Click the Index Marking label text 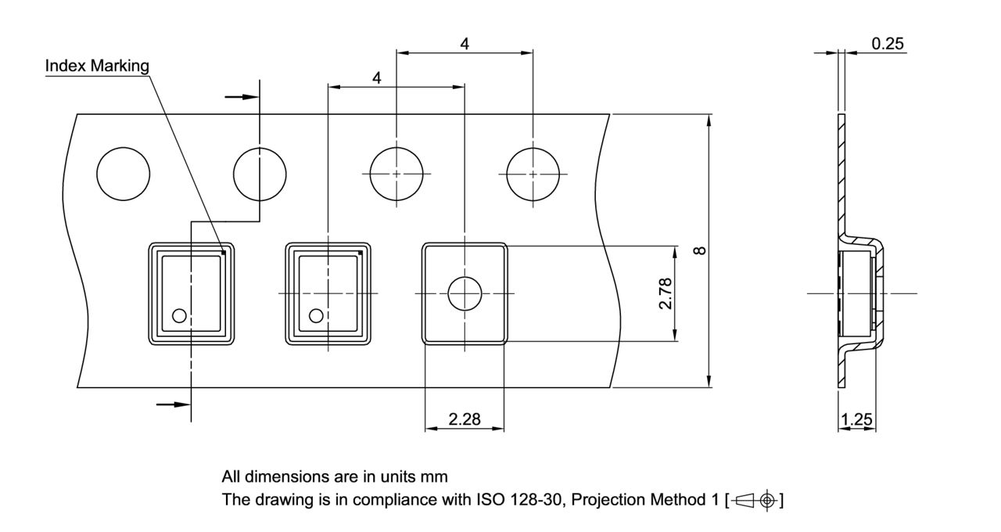click(97, 66)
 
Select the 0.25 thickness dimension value click(888, 44)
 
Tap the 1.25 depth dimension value click(856, 420)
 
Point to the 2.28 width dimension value click(465, 420)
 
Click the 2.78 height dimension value click(666, 293)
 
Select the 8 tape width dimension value click(701, 250)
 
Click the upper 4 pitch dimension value click(465, 44)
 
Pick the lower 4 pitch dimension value click(377, 78)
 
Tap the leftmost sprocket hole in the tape click(122, 173)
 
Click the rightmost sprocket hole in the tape click(533, 173)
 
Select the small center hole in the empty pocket click(465, 293)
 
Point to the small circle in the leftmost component click(179, 315)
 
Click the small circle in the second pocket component click(316, 315)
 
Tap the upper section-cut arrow click(241, 97)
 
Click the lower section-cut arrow click(173, 404)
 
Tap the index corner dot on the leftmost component click(224, 253)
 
